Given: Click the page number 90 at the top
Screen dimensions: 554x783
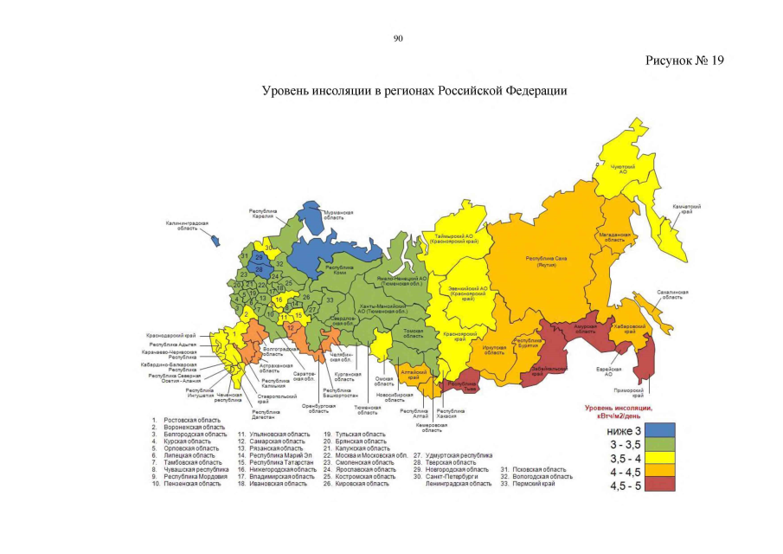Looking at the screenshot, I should pos(398,38).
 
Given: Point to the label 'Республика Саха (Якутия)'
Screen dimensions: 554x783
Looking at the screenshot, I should pos(546,261).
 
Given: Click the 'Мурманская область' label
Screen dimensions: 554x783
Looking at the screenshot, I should pos(338,215).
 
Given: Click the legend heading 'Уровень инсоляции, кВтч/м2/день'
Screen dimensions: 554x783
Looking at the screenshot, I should pos(619,410).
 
